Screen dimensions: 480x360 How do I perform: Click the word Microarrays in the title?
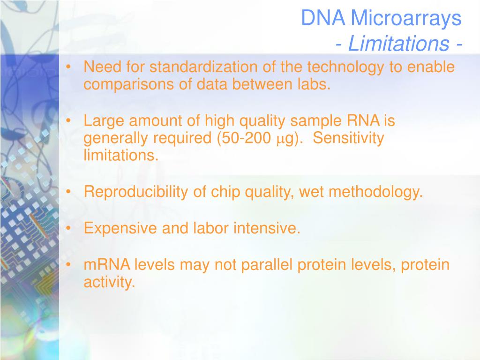click(x=406, y=18)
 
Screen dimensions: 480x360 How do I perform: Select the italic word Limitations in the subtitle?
click(x=398, y=43)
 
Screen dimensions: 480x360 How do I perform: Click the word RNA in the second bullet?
click(x=363, y=120)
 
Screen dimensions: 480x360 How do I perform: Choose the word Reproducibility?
click(x=135, y=192)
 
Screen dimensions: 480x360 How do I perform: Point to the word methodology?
click(x=375, y=192)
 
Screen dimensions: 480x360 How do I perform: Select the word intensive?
click(x=267, y=228)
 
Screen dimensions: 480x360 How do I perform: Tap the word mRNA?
click(x=107, y=264)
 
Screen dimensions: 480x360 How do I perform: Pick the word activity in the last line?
click(x=109, y=282)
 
